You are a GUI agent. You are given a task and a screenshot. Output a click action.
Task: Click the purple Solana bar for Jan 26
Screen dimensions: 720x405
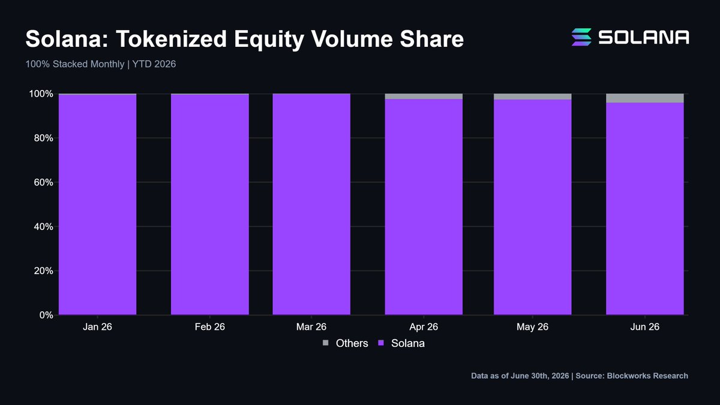coord(97,205)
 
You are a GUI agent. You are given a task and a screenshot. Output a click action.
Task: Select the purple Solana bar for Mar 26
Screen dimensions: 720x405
coord(311,204)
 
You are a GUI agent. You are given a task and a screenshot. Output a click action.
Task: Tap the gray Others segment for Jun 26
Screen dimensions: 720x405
coord(645,98)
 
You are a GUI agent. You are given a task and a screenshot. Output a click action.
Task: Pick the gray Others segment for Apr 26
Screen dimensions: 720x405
coord(424,96)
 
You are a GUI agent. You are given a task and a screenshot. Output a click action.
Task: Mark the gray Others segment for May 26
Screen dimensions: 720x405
coord(533,97)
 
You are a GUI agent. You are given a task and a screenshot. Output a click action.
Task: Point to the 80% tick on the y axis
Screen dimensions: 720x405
coord(43,138)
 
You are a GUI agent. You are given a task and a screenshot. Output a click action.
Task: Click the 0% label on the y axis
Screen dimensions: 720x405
coord(46,315)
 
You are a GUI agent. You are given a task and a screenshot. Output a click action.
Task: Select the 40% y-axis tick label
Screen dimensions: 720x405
coord(43,227)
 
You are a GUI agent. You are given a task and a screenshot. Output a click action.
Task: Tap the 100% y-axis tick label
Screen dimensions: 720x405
coord(41,94)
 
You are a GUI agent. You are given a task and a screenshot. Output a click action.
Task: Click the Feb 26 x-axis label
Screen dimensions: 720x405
coord(210,327)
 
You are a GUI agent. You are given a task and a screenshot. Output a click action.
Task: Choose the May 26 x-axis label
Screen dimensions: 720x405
coord(533,327)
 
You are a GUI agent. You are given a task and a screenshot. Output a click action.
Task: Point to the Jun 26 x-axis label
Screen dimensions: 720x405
coord(645,327)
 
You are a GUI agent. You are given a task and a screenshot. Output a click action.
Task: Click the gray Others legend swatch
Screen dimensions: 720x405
coord(326,343)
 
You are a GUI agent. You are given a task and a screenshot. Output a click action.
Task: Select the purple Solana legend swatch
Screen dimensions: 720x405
coord(381,343)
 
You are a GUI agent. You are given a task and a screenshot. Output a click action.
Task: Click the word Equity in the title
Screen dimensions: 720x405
coord(269,40)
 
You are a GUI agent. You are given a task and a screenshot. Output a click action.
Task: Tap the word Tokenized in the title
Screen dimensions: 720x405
coord(172,39)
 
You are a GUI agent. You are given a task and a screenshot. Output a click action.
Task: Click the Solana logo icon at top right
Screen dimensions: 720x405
coord(581,37)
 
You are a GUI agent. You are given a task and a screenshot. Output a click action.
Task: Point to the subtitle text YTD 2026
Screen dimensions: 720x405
coord(154,64)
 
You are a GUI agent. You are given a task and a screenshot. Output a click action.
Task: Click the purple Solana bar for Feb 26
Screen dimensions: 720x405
coord(210,204)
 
